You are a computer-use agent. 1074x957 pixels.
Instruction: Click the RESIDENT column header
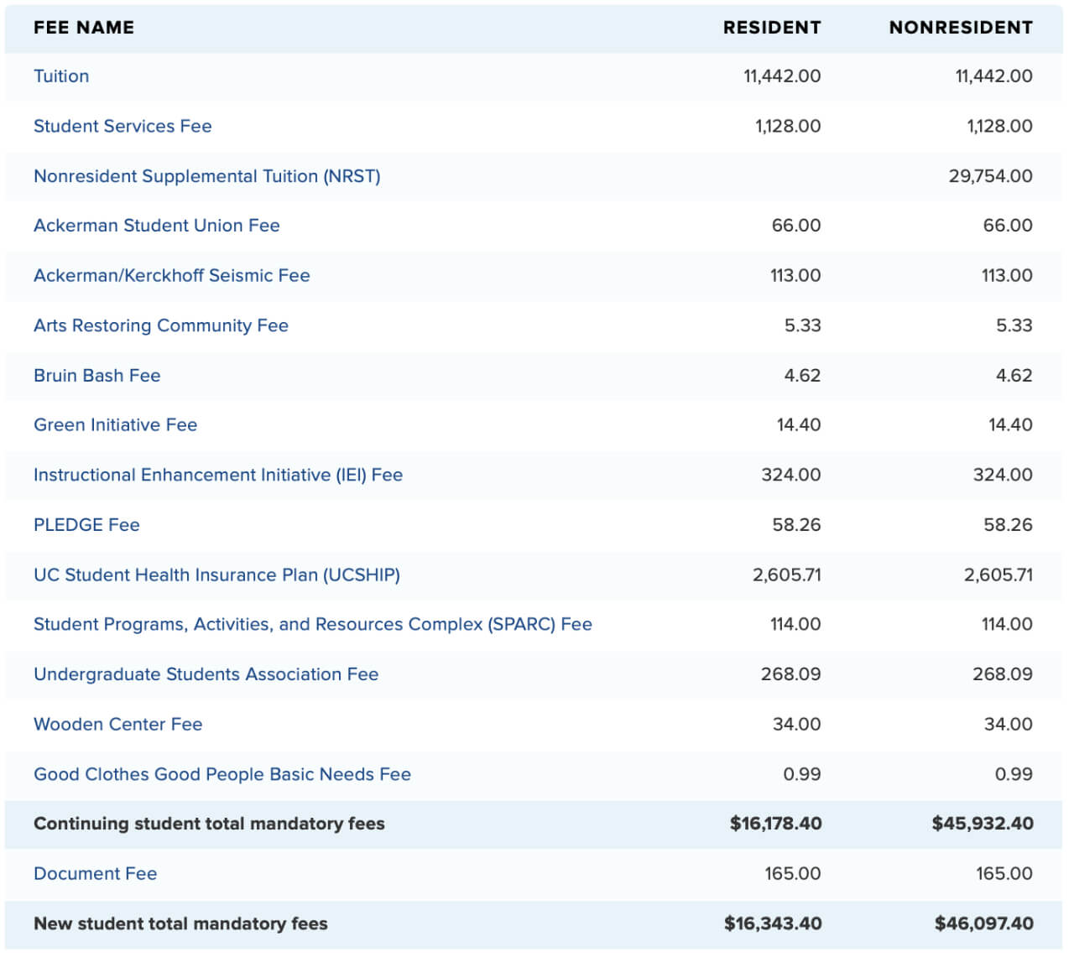coord(772,28)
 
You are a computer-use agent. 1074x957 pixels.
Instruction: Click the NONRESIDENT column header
coord(961,28)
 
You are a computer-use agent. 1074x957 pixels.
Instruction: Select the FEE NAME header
coord(84,28)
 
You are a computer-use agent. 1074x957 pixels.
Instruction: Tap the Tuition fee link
coord(61,76)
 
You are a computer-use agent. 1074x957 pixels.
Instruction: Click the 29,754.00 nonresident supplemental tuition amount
coord(990,176)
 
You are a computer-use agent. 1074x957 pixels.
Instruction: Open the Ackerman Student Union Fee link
coord(156,226)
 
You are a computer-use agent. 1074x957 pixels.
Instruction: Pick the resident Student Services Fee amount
coord(788,126)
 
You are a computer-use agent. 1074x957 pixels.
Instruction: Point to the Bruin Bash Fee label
coord(97,376)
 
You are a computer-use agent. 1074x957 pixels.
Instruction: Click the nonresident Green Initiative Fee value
coord(1010,425)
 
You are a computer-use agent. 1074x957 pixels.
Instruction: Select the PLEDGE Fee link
coord(87,525)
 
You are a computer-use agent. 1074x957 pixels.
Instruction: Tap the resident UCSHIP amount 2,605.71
coord(787,575)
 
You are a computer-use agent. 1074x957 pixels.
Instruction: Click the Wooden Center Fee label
coord(118,725)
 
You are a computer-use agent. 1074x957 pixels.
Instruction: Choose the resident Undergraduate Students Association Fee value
coord(791,674)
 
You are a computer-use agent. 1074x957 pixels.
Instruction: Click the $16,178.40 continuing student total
coord(775,824)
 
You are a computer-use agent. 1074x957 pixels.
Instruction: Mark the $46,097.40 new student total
coord(983,923)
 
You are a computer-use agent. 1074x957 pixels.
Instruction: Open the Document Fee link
coord(96,874)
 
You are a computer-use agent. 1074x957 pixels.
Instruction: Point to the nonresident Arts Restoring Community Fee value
coord(1014,325)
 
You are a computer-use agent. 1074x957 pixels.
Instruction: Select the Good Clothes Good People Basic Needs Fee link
coord(222,774)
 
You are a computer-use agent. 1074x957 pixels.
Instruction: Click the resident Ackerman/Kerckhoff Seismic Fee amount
coord(795,276)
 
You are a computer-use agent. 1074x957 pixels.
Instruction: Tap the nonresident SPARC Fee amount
coord(1007,624)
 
